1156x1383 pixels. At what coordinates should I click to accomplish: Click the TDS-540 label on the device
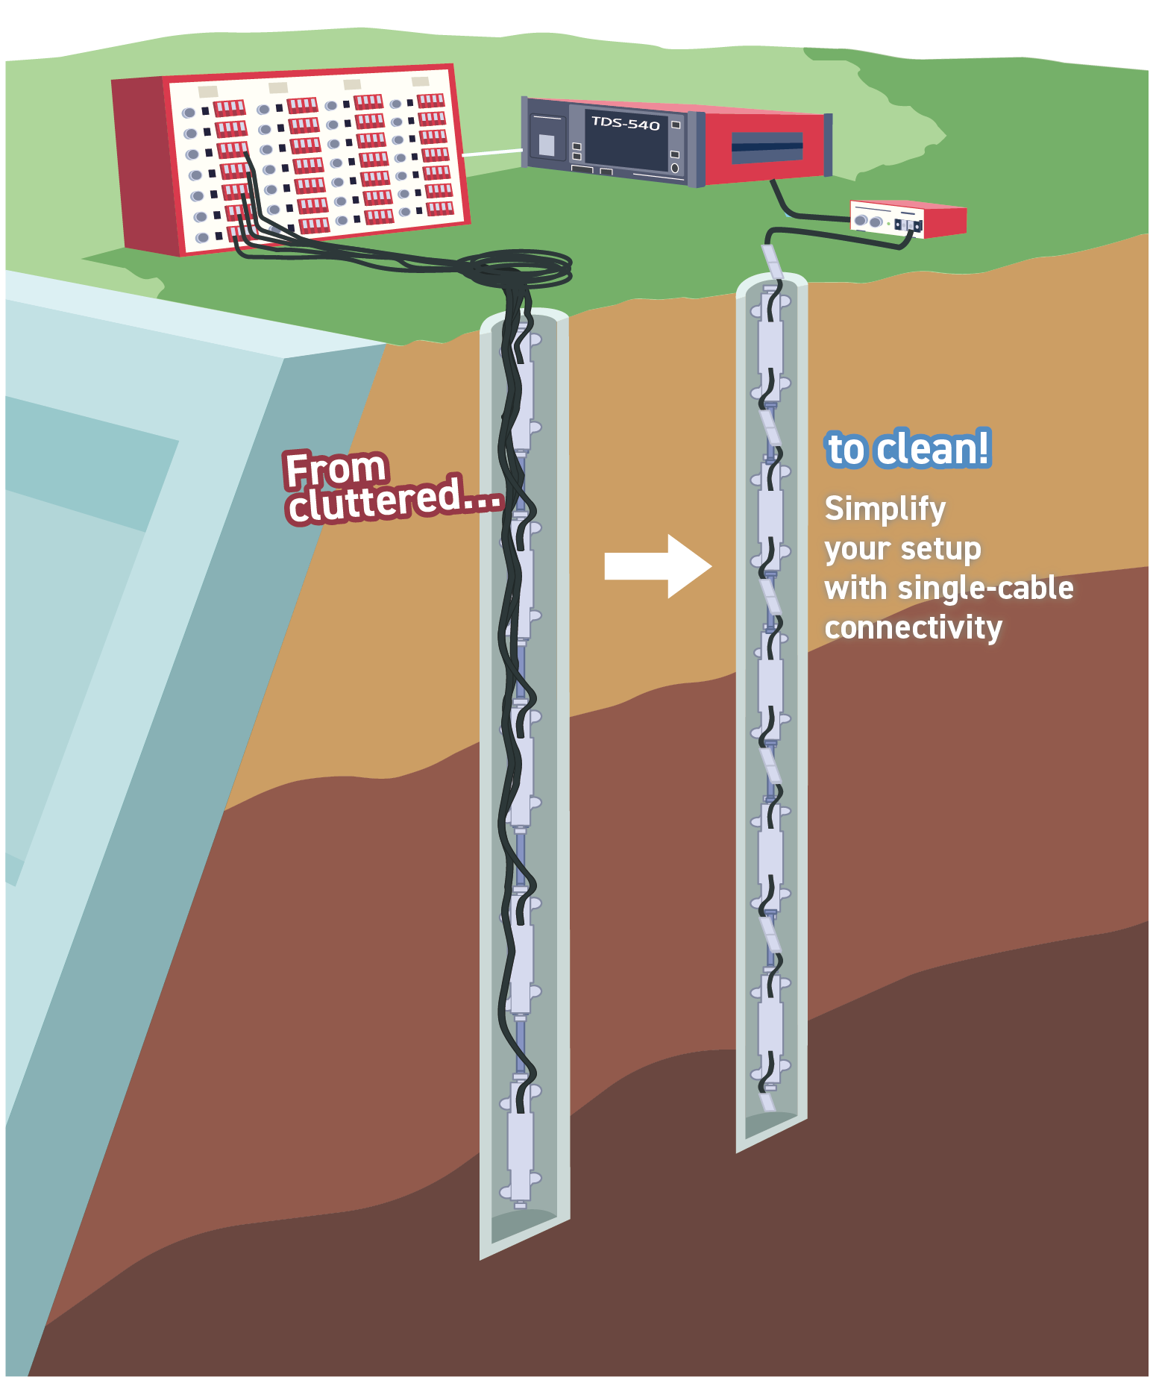pyautogui.click(x=625, y=124)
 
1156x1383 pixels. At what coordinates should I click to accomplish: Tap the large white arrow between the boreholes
pyautogui.click(x=656, y=565)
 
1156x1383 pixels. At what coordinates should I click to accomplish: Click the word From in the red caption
pyautogui.click(x=336, y=469)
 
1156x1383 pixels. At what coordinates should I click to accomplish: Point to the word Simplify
pyautogui.click(x=885, y=509)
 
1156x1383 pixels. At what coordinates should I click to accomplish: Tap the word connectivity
pyautogui.click(x=913, y=627)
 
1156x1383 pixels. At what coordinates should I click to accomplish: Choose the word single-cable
pyautogui.click(x=985, y=588)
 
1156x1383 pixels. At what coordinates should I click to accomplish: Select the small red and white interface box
pyautogui.click(x=908, y=219)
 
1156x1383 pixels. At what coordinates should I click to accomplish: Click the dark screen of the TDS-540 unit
pyautogui.click(x=625, y=145)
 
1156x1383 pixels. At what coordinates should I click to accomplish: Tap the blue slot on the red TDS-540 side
pyautogui.click(x=766, y=145)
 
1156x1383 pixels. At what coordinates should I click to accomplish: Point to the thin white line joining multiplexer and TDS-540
pyautogui.click(x=492, y=153)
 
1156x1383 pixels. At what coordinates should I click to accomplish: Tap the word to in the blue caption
pyautogui.click(x=846, y=450)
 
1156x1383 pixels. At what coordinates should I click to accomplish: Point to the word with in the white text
pyautogui.click(x=856, y=588)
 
